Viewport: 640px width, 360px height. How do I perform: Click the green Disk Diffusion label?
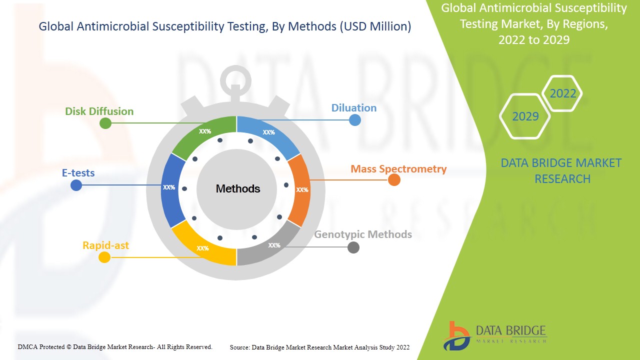pyautogui.click(x=99, y=111)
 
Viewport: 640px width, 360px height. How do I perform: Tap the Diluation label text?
pyautogui.click(x=353, y=108)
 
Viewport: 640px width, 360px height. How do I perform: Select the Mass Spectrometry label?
pyautogui.click(x=398, y=169)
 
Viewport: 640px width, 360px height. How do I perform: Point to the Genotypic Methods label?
pyautogui.click(x=363, y=234)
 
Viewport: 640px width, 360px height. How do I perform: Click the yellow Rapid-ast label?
pyautogui.click(x=105, y=245)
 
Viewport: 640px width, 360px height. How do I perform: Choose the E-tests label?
pyautogui.click(x=78, y=173)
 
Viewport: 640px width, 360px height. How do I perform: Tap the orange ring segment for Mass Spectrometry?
pyautogui.click(x=300, y=189)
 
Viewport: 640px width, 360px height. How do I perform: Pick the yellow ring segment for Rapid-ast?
pyautogui.click(x=202, y=247)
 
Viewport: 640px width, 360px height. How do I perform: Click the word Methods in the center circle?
pyautogui.click(x=238, y=189)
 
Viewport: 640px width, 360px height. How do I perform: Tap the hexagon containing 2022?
pyautogui.click(x=562, y=93)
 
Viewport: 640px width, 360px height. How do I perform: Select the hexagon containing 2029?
pyautogui.click(x=525, y=116)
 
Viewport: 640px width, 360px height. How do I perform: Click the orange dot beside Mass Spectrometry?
pyautogui.click(x=394, y=180)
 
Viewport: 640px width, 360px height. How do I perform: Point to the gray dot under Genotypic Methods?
pyautogui.click(x=353, y=247)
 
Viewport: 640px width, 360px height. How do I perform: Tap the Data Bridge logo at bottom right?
pyautogui.click(x=494, y=335)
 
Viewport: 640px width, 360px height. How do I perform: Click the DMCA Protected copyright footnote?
pyautogui.click(x=115, y=346)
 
